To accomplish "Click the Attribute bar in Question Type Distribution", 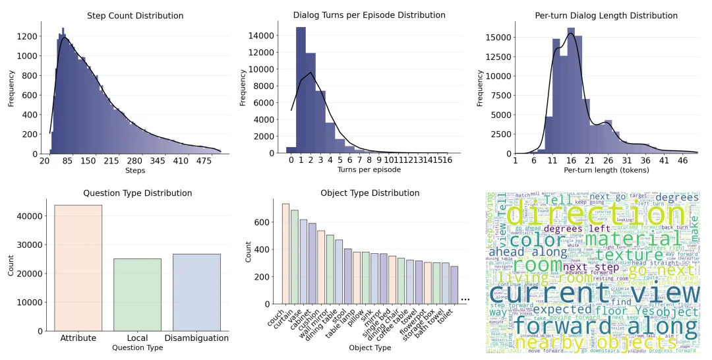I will (78, 268).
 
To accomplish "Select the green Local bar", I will (137, 294).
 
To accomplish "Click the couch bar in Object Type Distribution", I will (285, 253).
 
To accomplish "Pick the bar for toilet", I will (454, 285).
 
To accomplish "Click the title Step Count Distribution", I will (135, 16).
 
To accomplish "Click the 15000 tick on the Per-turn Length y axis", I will (498, 37).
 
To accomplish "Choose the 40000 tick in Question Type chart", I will (32, 216).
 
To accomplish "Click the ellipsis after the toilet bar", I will (465, 299).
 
